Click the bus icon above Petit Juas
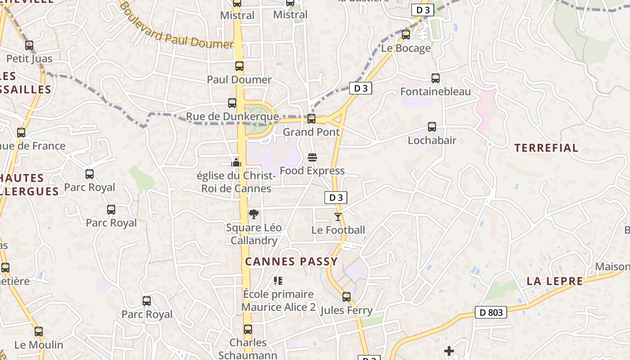pyautogui.click(x=29, y=45)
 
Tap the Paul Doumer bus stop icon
pyautogui.click(x=239, y=66)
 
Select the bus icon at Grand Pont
pyautogui.click(x=311, y=119)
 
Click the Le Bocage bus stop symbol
pyautogui.click(x=406, y=35)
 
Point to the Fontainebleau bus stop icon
pyautogui.click(x=435, y=78)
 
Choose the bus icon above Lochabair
pyautogui.click(x=432, y=127)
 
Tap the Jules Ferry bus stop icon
pyautogui.click(x=346, y=297)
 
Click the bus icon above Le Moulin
pyautogui.click(x=39, y=332)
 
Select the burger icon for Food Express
pyautogui.click(x=312, y=157)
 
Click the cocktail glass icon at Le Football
pyautogui.click(x=338, y=217)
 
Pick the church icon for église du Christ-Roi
pyautogui.click(x=236, y=162)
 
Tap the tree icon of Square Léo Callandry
pyautogui.click(x=253, y=214)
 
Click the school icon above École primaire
pyautogui.click(x=278, y=281)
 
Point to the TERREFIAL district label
pyautogui.click(x=546, y=148)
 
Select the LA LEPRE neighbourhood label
pyautogui.click(x=554, y=281)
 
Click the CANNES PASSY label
pyautogui.click(x=291, y=261)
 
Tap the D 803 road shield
pyautogui.click(x=491, y=312)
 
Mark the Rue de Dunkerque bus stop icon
pyautogui.click(x=232, y=103)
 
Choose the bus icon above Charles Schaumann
pyautogui.click(x=247, y=329)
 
